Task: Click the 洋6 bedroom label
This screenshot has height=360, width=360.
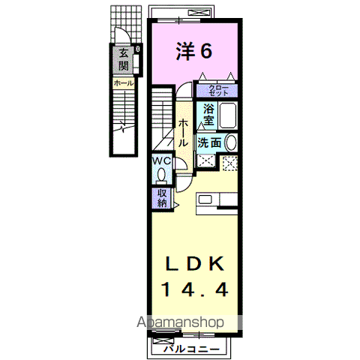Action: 193,50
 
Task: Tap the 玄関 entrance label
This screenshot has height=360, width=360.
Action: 122,59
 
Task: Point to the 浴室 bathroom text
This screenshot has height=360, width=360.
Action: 208,115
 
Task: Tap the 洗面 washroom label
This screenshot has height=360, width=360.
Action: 210,142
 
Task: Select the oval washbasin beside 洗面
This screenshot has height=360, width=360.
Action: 231,142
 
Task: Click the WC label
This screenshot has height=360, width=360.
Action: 161,161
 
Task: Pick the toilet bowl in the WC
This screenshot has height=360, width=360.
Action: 161,177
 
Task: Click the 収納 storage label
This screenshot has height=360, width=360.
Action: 162,196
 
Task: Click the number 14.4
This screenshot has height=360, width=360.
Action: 193,289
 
